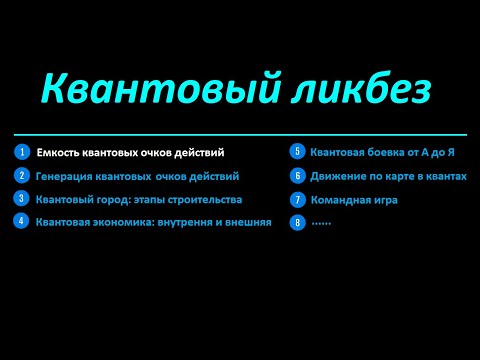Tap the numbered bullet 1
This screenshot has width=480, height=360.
point(20,152)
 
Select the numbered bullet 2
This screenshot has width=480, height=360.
point(20,175)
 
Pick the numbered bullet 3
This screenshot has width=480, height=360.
point(20,198)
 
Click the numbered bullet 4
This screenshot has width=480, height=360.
point(20,220)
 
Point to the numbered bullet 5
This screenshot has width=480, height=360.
point(297,152)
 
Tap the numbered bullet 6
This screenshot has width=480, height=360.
point(297,175)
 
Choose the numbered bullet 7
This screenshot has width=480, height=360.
point(297,199)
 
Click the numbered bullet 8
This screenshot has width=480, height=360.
point(297,222)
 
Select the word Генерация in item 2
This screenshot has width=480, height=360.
point(65,176)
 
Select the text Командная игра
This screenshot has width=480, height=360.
point(353,200)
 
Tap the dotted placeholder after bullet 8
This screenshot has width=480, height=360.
point(321,222)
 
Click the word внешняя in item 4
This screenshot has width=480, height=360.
point(246,221)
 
